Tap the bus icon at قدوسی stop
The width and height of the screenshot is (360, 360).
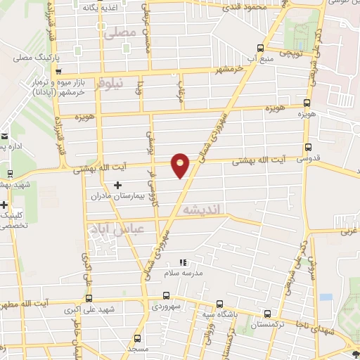[x=308, y=147]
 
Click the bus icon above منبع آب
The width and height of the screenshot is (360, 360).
[x=261, y=48]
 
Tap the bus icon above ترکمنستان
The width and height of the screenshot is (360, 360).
[x=266, y=314]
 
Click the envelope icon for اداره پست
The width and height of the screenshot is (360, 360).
[x=4, y=136]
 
